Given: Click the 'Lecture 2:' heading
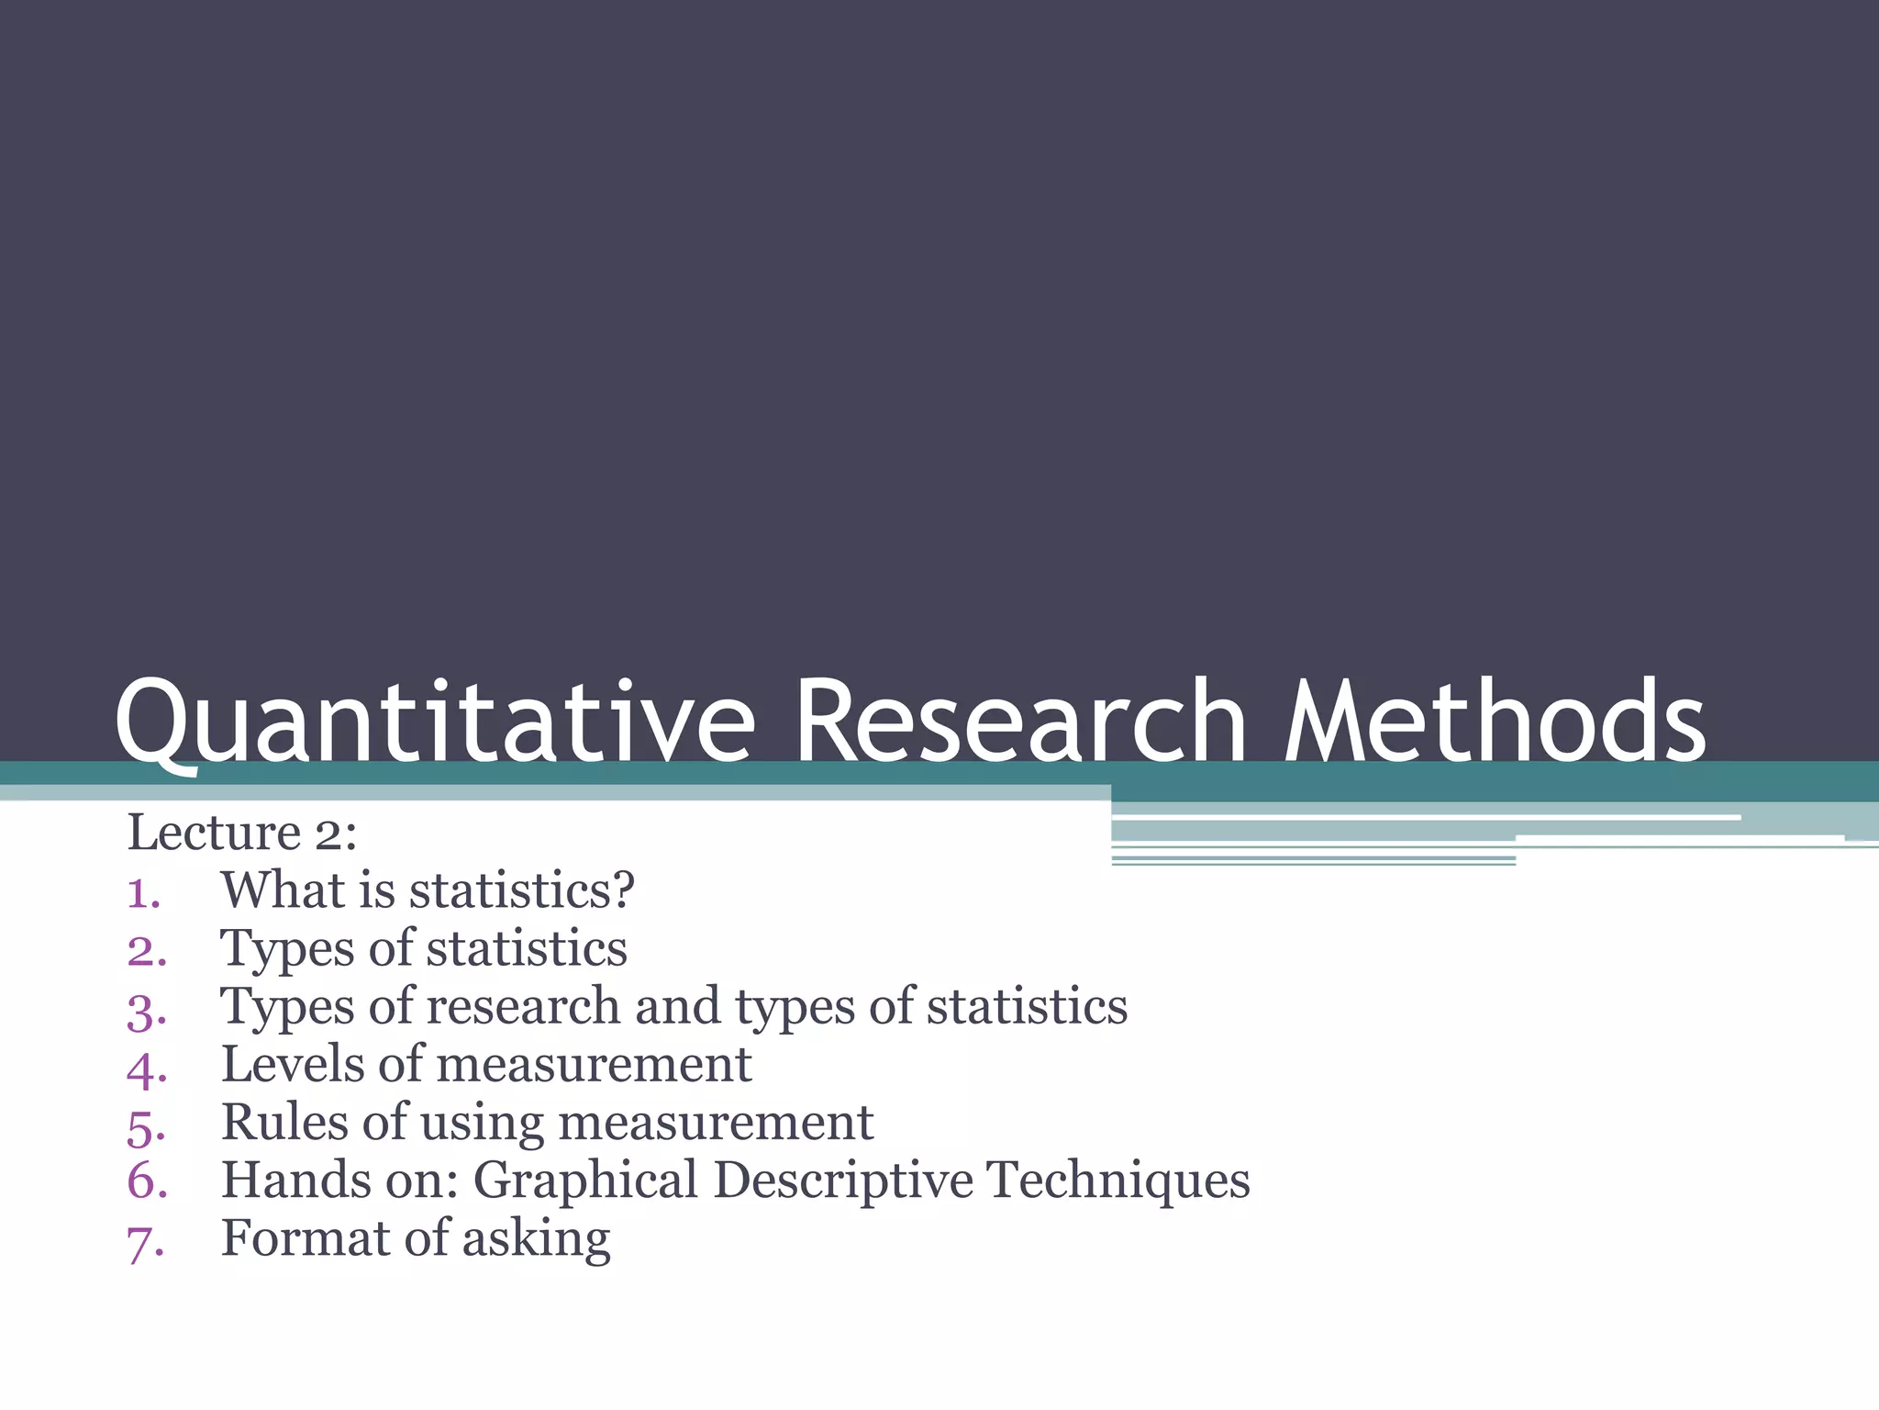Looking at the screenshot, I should [x=241, y=834].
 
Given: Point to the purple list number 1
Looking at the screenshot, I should [x=143, y=893].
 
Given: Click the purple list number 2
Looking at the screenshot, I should [x=147, y=951].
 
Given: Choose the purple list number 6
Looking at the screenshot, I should [x=147, y=1182].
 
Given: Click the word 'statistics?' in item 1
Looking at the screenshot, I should [x=521, y=890].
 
